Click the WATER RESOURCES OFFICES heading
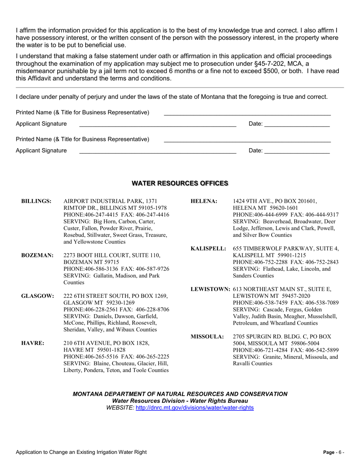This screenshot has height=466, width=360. tap(180, 183)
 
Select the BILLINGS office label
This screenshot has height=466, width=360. tap(36, 201)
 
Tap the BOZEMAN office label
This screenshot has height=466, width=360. tap(37, 255)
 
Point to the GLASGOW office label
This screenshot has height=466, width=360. tap(37, 296)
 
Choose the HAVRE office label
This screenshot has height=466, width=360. tap(33, 343)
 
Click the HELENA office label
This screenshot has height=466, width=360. tap(204, 201)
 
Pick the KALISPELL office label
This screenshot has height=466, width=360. tap(208, 249)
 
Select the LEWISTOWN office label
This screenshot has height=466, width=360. tap(210, 289)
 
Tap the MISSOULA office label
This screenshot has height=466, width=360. tap(207, 336)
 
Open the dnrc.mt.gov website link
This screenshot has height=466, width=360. tap(194, 408)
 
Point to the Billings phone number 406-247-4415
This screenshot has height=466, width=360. tap(99, 214)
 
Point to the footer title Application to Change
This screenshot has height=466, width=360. tap(81, 452)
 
